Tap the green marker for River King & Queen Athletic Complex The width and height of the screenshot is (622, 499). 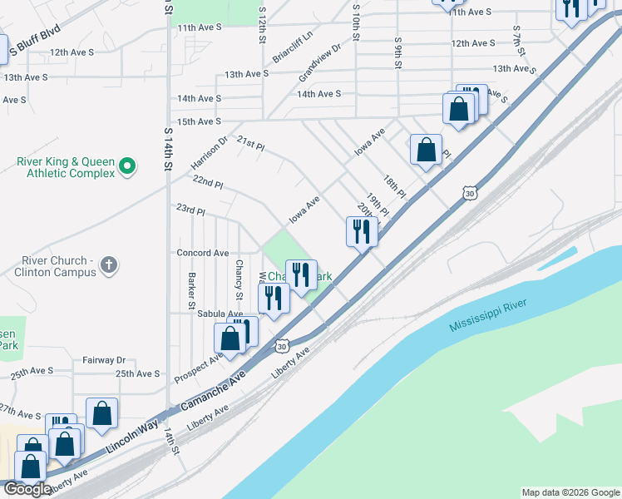pyautogui.click(x=127, y=167)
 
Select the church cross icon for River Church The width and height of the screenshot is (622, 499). pyautogui.click(x=107, y=266)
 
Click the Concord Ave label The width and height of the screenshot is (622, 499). pyautogui.click(x=202, y=253)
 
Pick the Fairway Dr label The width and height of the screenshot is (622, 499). pyautogui.click(x=103, y=361)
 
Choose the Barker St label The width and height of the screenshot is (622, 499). pyautogui.click(x=191, y=286)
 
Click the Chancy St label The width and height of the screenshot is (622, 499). pyautogui.click(x=239, y=280)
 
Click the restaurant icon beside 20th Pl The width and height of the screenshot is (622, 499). pyautogui.click(x=361, y=230)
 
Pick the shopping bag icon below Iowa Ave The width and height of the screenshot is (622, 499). pyautogui.click(x=426, y=150)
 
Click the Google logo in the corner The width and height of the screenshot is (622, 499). pyautogui.click(x=27, y=489)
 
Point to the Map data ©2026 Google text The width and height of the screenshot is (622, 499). pyautogui.click(x=570, y=492)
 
